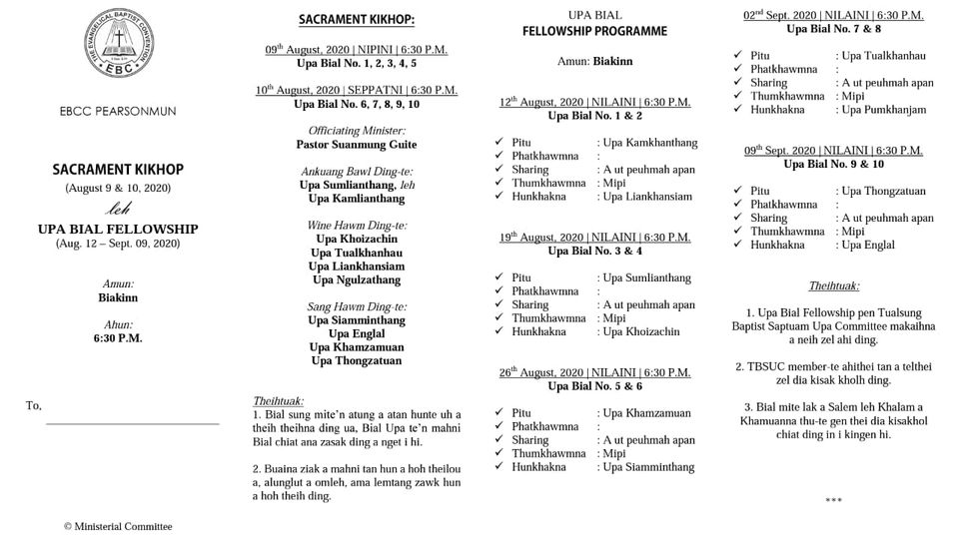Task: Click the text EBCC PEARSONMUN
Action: click(118, 111)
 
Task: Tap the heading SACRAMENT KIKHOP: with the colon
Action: click(357, 20)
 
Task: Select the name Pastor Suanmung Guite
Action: click(357, 144)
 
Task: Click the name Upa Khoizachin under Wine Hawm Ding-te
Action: click(357, 240)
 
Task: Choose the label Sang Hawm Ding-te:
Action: click(357, 306)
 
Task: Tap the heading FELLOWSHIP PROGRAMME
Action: click(594, 31)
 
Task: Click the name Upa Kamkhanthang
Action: click(646, 143)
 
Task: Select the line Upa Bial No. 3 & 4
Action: click(594, 251)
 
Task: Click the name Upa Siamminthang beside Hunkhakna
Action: click(646, 466)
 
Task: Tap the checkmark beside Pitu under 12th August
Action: click(499, 143)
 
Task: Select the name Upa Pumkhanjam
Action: click(884, 110)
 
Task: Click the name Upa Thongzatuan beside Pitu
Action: click(883, 191)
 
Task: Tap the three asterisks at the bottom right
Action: click(833, 499)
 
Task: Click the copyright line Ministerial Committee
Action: click(118, 526)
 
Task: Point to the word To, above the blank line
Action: click(34, 405)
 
